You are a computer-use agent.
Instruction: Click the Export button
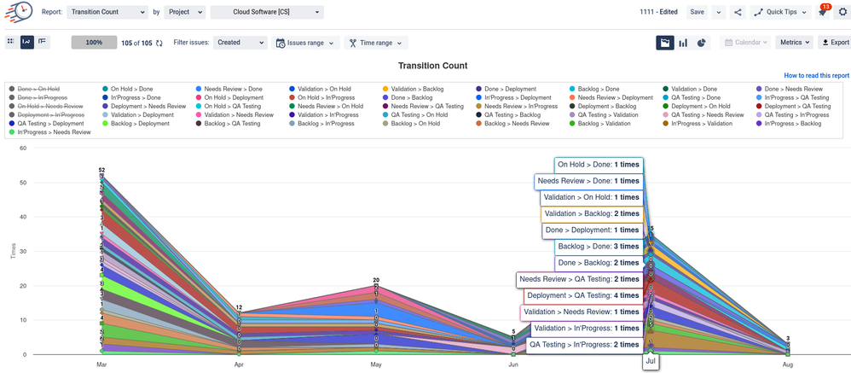click(x=835, y=42)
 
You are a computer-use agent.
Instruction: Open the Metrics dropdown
click(x=795, y=42)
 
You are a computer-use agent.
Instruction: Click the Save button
click(x=698, y=13)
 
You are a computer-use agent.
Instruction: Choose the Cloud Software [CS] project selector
click(x=267, y=13)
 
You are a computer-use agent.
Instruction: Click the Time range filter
click(x=375, y=42)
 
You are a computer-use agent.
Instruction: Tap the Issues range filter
click(x=306, y=42)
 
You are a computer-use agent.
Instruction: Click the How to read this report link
click(x=816, y=76)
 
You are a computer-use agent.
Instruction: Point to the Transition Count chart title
click(x=432, y=66)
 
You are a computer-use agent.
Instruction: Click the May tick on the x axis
click(x=376, y=364)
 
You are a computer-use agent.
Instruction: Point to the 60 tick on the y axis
click(x=24, y=149)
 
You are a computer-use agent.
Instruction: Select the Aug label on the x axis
click(x=788, y=364)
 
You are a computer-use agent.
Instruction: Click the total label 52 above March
click(x=101, y=171)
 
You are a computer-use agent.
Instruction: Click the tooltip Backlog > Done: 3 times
click(x=598, y=246)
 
